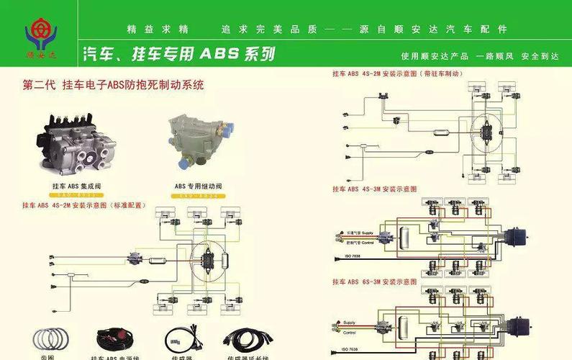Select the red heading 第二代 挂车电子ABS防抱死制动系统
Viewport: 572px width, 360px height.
114,85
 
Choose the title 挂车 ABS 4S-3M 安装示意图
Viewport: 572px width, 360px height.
374,189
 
